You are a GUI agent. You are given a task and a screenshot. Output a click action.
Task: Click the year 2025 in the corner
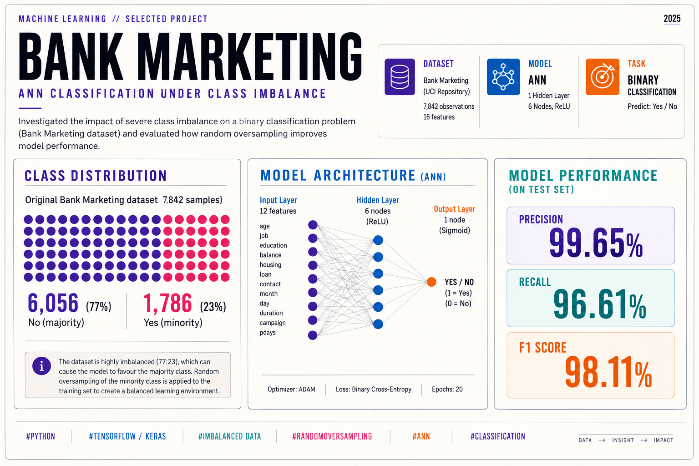672,19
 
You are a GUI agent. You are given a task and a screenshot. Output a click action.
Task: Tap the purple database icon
400,77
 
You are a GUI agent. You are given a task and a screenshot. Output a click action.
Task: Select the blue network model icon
503,77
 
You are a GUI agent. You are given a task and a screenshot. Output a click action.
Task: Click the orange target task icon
603,77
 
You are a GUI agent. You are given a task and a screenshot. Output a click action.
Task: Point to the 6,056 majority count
53,303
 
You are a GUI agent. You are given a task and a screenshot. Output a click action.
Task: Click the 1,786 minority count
167,303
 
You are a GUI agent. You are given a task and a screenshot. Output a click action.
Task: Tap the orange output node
431,282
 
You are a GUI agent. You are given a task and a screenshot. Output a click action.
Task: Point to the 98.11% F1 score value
608,372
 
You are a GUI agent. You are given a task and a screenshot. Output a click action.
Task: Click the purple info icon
41,366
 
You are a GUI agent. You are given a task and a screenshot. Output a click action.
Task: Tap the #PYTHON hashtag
41,436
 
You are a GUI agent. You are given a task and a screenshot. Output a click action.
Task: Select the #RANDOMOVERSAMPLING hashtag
332,436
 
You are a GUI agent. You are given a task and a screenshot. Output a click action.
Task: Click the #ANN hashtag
421,436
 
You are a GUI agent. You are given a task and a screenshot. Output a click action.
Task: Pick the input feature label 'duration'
271,313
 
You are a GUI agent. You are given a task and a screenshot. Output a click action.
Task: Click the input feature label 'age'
264,226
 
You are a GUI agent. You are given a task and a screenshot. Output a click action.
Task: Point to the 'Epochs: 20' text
447,389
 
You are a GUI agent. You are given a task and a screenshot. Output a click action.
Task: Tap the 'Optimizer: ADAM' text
291,389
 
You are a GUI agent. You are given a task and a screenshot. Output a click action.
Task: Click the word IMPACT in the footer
664,440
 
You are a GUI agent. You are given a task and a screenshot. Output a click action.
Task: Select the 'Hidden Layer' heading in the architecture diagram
378,200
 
